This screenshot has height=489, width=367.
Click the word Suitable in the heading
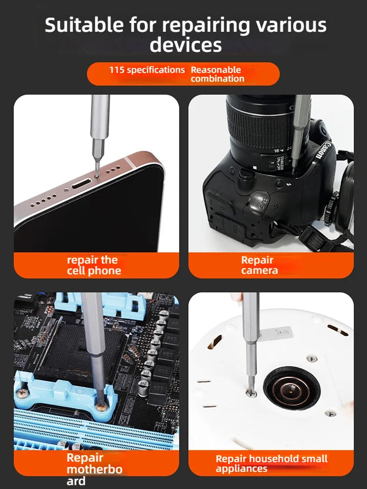pyautogui.click(x=84, y=25)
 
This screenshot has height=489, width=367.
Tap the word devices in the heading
pyautogui.click(x=185, y=44)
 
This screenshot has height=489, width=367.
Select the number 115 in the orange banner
pyautogui.click(x=117, y=69)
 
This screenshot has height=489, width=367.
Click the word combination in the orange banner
pyautogui.click(x=218, y=79)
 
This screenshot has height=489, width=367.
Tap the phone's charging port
pyautogui.click(x=82, y=183)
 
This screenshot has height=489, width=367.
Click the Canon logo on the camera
pyautogui.click(x=322, y=150)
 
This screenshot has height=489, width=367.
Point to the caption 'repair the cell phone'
pyautogui.click(x=94, y=265)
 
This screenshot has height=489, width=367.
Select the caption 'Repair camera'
pyautogui.click(x=259, y=265)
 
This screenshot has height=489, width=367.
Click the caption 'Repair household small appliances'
pyautogui.click(x=272, y=464)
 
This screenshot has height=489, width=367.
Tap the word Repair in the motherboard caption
pyautogui.click(x=85, y=458)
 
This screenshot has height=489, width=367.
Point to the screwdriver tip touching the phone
pyautogui.click(x=97, y=175)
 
